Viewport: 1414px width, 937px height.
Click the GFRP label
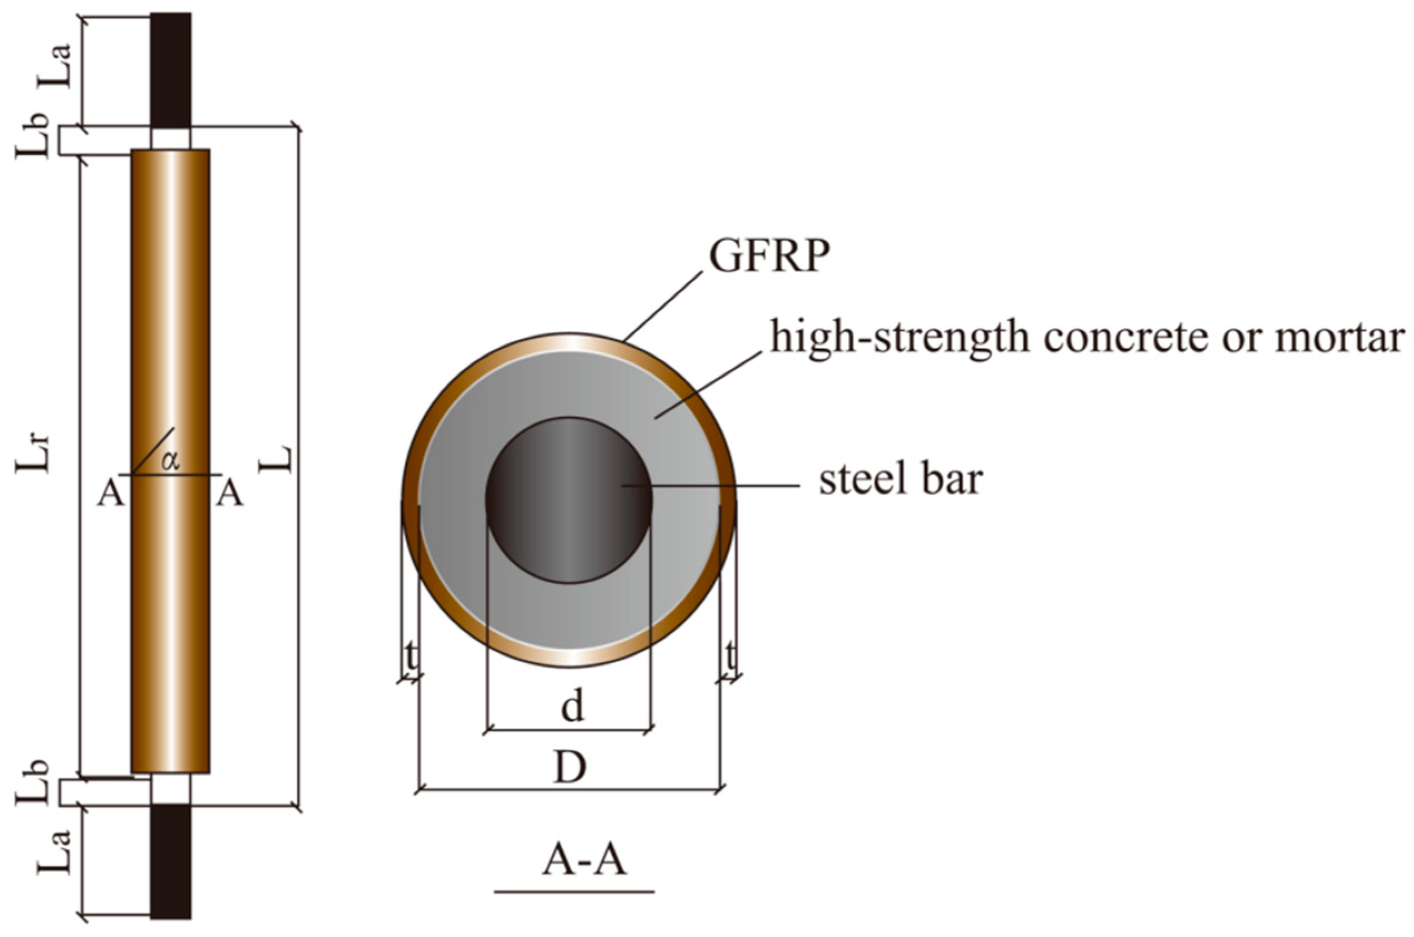coord(769,257)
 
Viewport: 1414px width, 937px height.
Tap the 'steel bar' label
coord(900,480)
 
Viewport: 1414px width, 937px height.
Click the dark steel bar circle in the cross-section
coord(568,500)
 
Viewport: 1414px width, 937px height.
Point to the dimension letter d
coord(572,708)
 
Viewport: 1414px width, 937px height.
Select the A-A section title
coord(584,861)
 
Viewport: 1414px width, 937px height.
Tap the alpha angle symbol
coord(170,461)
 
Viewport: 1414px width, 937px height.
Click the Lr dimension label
coord(35,453)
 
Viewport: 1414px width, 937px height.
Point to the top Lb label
coord(33,135)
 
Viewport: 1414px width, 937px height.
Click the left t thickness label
coord(411,657)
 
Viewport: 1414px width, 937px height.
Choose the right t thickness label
coord(730,657)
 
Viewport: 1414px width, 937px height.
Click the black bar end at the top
coord(170,69)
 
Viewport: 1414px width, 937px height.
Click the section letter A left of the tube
coord(111,494)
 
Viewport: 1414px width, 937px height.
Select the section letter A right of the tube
coord(229,494)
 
